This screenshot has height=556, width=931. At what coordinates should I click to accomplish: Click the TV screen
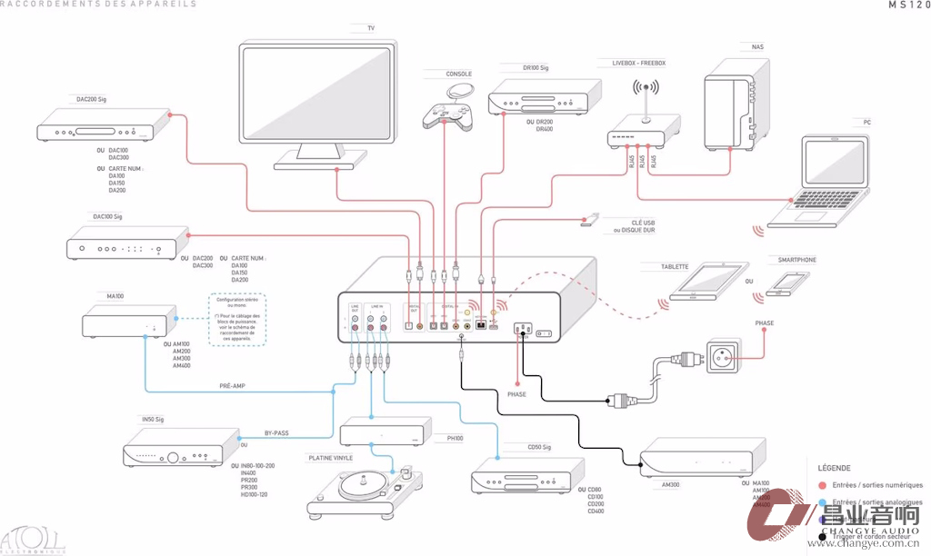[x=317, y=96]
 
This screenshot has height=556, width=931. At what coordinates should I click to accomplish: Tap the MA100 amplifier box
[x=127, y=322]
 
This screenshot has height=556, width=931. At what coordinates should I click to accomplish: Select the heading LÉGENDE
[x=835, y=468]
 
